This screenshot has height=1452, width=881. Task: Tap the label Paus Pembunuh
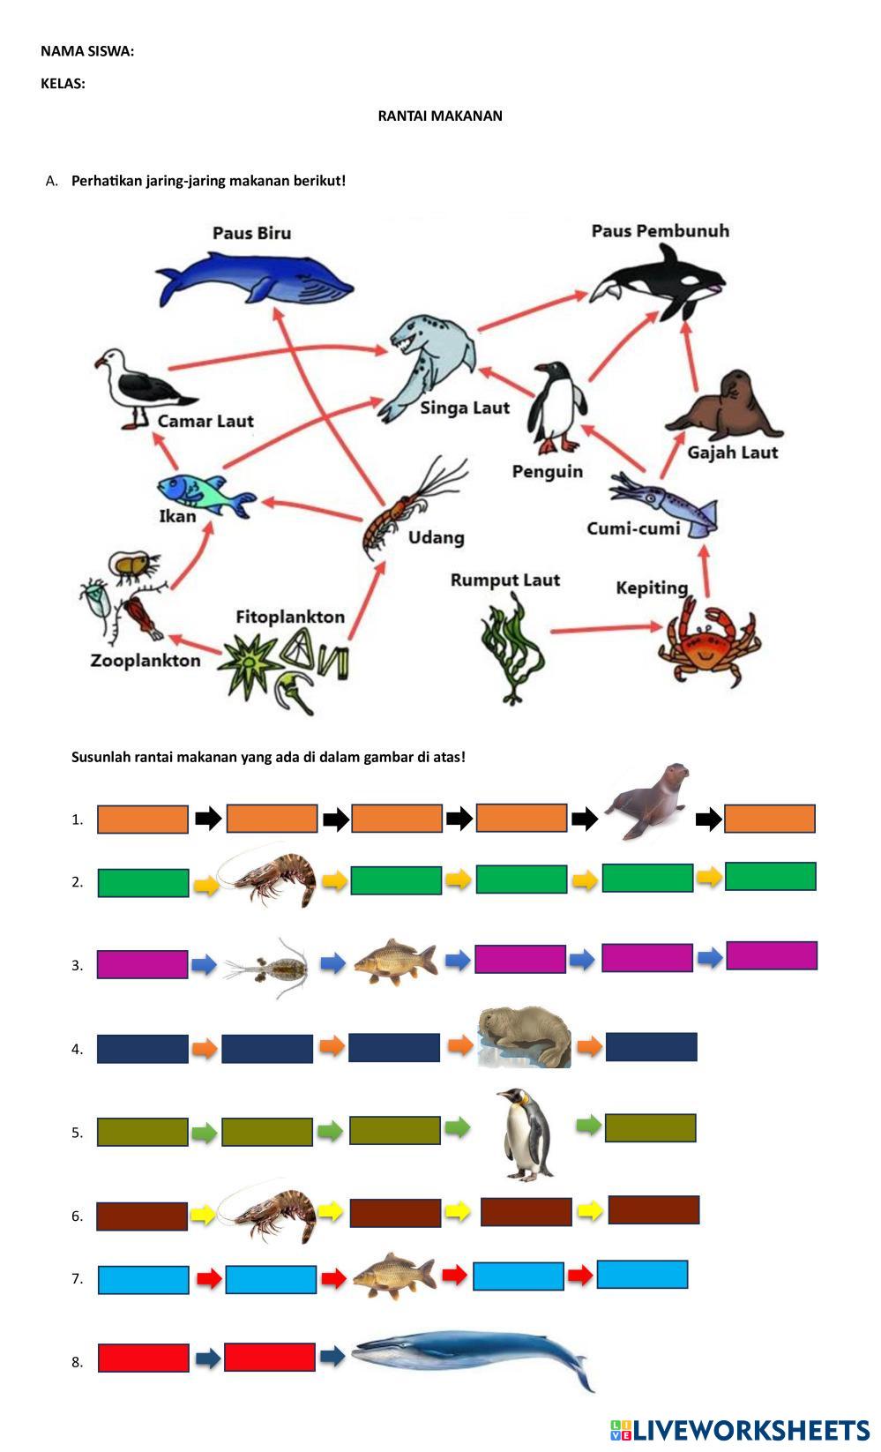click(x=660, y=231)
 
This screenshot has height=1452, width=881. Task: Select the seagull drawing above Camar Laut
click(x=140, y=387)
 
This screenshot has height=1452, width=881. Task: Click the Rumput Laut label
click(x=504, y=580)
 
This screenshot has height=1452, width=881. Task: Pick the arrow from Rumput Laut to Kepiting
click(x=606, y=629)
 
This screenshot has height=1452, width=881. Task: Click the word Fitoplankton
click(x=290, y=617)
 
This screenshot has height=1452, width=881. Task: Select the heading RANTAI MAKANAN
click(x=440, y=116)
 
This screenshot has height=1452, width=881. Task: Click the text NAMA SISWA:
click(x=87, y=51)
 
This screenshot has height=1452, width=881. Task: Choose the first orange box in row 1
click(x=142, y=820)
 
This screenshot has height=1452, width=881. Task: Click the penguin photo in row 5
click(x=526, y=1134)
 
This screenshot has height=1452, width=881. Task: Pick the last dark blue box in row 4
click(x=651, y=1047)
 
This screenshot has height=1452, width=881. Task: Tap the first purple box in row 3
click(x=142, y=964)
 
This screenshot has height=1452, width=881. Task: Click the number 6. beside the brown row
click(x=78, y=1216)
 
